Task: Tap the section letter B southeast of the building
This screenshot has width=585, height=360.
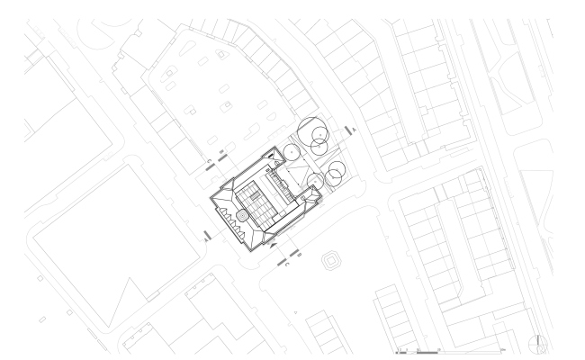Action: click(x=297, y=256)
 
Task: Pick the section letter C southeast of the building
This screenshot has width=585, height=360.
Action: click(x=286, y=264)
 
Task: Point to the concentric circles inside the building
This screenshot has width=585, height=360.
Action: click(x=241, y=217)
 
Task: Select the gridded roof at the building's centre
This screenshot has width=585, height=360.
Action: click(x=262, y=201)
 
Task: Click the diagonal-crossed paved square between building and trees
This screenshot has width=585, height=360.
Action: click(x=301, y=170)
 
